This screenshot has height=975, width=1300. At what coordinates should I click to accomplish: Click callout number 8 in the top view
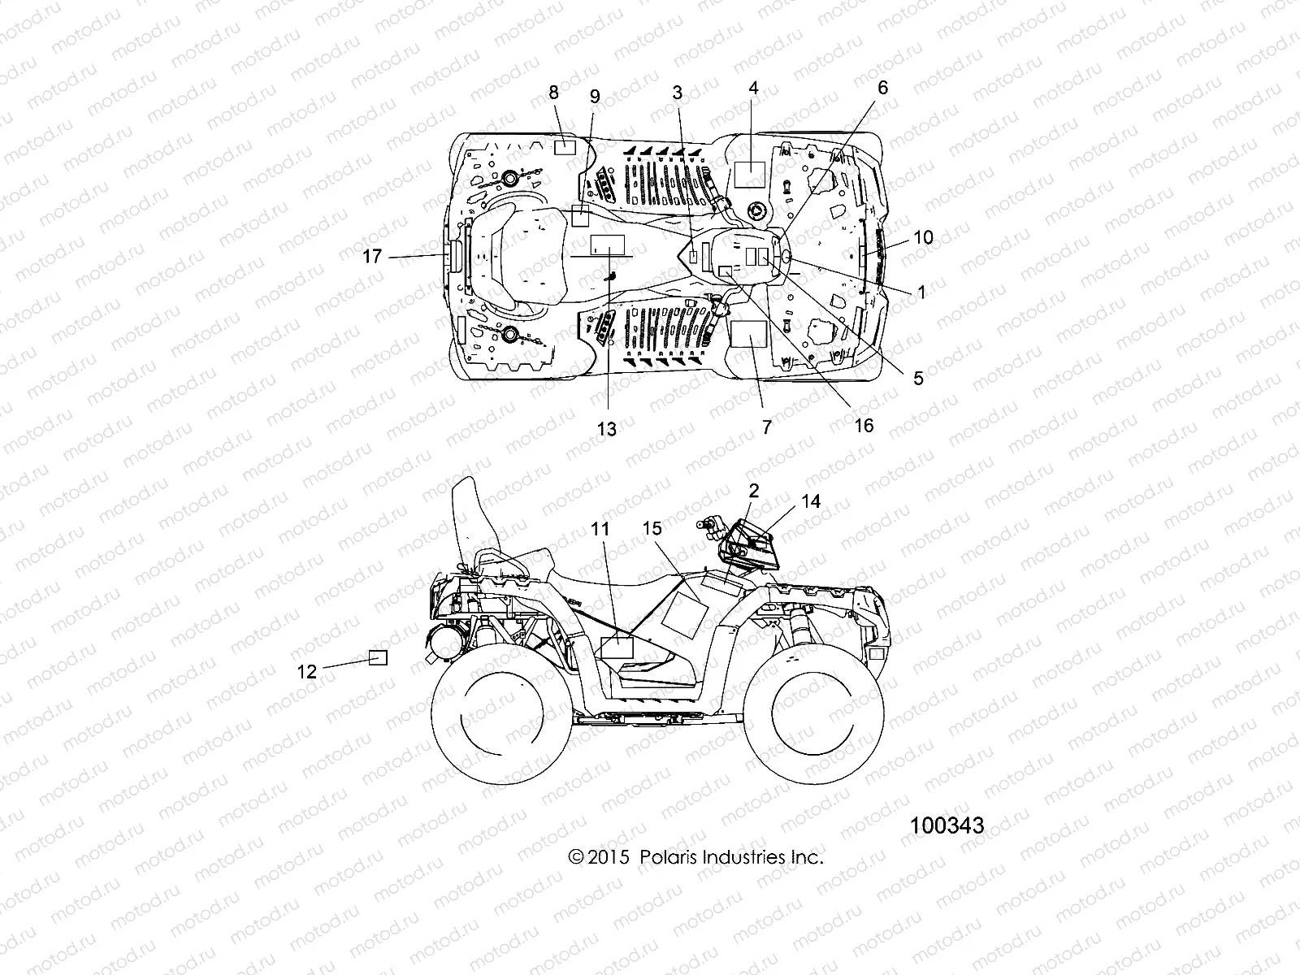pyautogui.click(x=554, y=93)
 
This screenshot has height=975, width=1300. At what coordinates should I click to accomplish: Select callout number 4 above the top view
pyautogui.click(x=754, y=88)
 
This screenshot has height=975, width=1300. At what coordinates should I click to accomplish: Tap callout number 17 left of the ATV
pyautogui.click(x=372, y=257)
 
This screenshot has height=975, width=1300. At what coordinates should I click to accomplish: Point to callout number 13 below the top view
pyautogui.click(x=607, y=429)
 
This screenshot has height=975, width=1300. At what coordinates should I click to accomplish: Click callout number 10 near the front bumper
pyautogui.click(x=923, y=238)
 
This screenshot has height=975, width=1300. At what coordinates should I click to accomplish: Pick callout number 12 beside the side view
pyautogui.click(x=307, y=671)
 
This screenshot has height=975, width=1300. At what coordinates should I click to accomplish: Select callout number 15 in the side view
pyautogui.click(x=652, y=529)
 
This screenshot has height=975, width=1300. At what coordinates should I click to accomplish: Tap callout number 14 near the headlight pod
pyautogui.click(x=810, y=502)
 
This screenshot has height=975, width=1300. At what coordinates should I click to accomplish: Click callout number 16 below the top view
pyautogui.click(x=864, y=425)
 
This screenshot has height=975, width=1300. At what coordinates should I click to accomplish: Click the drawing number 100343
pyautogui.click(x=947, y=825)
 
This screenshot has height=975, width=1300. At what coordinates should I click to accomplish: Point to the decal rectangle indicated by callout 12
pyautogui.click(x=378, y=658)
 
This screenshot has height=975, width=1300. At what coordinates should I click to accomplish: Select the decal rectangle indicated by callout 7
pyautogui.click(x=749, y=333)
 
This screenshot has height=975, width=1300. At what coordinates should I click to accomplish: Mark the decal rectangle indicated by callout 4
pyautogui.click(x=750, y=175)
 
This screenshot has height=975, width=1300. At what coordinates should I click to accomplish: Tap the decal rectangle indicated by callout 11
pyautogui.click(x=616, y=648)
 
